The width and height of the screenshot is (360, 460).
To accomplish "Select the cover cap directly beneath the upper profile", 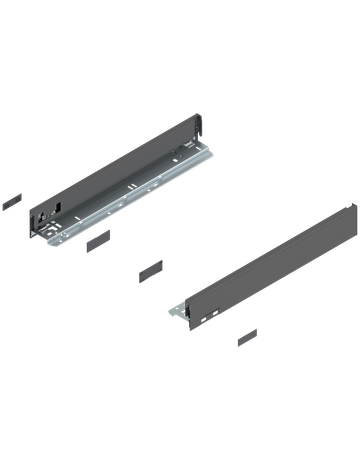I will [x=97, y=240].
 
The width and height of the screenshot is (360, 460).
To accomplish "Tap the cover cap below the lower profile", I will [x=246, y=337].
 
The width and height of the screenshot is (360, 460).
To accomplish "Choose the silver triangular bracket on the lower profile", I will [x=179, y=311].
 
